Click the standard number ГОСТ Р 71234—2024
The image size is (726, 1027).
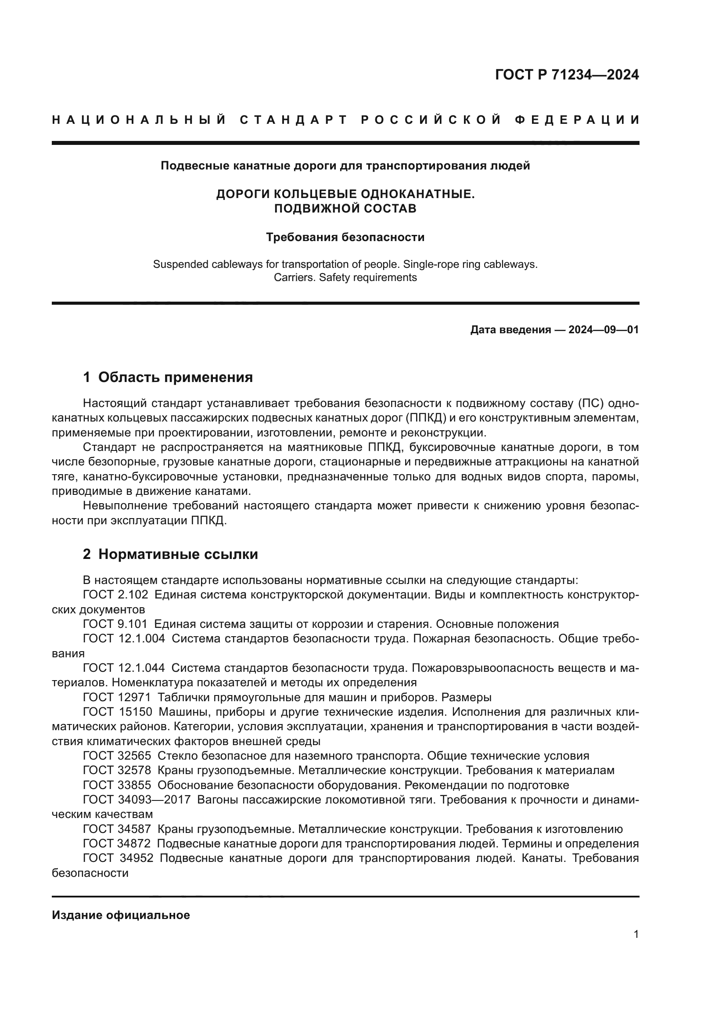pyautogui.click(x=566, y=75)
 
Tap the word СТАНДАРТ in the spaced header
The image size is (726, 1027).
pyautogui.click(x=294, y=120)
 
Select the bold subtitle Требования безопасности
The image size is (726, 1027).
pyautogui.click(x=345, y=237)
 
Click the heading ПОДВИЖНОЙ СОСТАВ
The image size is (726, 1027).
pyautogui.click(x=345, y=209)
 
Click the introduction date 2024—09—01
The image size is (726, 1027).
pyautogui.click(x=603, y=330)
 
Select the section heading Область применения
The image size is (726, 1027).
pyautogui.click(x=175, y=377)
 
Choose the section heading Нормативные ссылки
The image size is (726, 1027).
pyautogui.click(x=178, y=554)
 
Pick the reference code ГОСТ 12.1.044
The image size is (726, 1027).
pyautogui.click(x=124, y=668)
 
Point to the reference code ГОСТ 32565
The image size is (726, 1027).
pyautogui.click(x=117, y=756)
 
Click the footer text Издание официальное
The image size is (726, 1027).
pyautogui.click(x=121, y=915)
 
